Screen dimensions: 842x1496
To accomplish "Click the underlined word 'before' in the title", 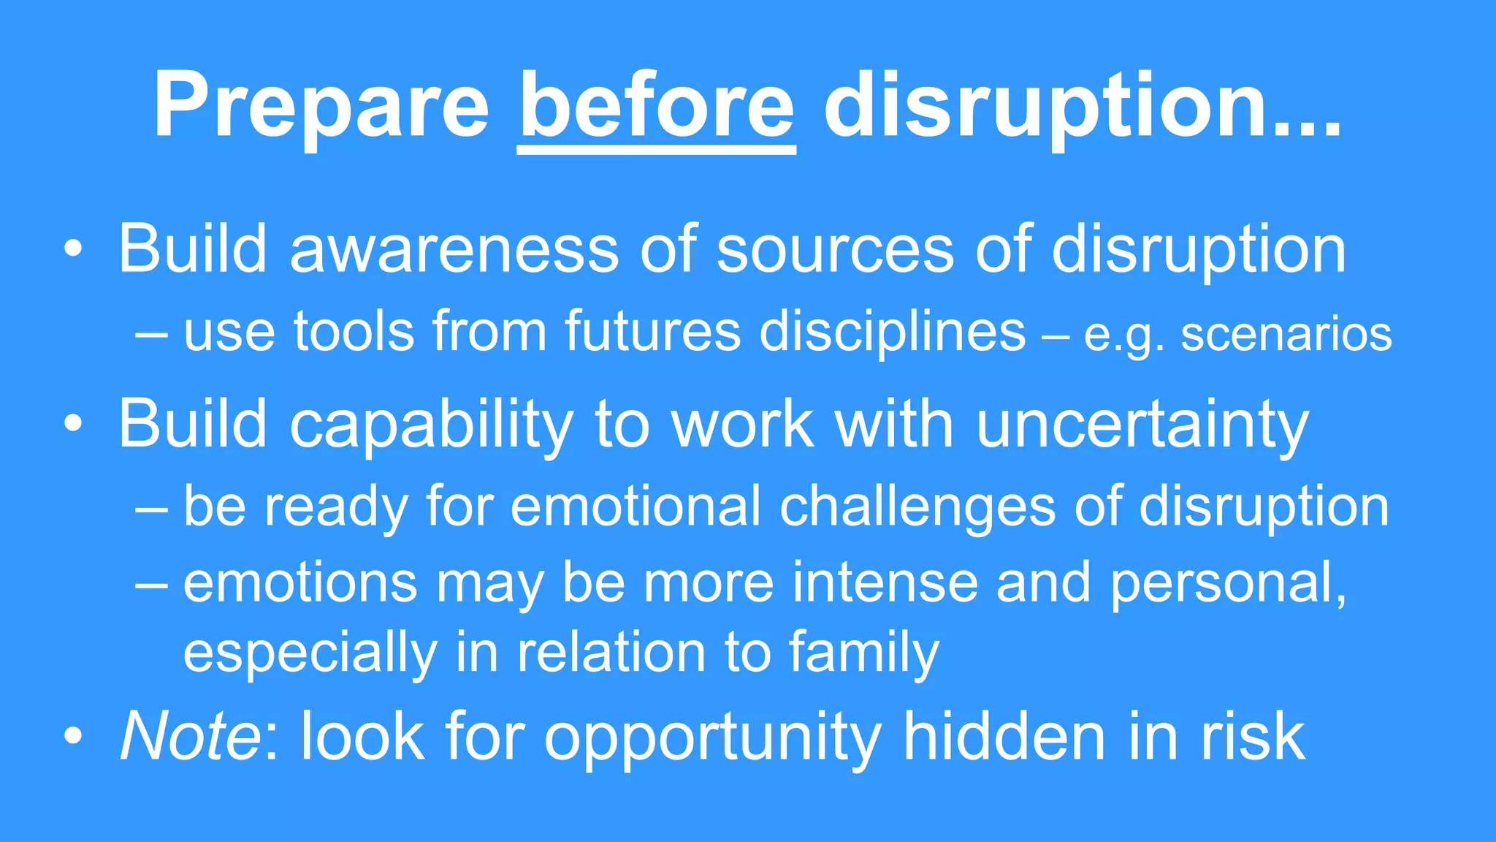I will click(x=656, y=106).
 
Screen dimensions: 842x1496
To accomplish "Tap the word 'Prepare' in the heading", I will click(x=321, y=106).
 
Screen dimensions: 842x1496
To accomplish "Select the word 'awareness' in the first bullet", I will click(x=454, y=249).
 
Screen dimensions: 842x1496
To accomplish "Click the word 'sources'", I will click(x=835, y=249).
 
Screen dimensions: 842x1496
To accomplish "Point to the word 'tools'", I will click(x=354, y=333).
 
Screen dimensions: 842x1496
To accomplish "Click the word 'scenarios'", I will click(x=1286, y=335).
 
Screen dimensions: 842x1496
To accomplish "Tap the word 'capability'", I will click(x=431, y=425).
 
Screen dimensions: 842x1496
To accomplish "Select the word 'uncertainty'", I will click(x=1142, y=425).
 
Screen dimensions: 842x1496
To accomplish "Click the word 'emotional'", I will click(x=636, y=506).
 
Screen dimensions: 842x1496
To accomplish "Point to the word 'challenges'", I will click(x=917, y=507).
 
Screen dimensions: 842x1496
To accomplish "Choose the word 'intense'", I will click(x=885, y=583).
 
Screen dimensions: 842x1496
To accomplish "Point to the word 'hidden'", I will click(x=1004, y=736).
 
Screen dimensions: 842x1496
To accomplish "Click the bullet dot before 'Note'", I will click(x=73, y=737).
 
